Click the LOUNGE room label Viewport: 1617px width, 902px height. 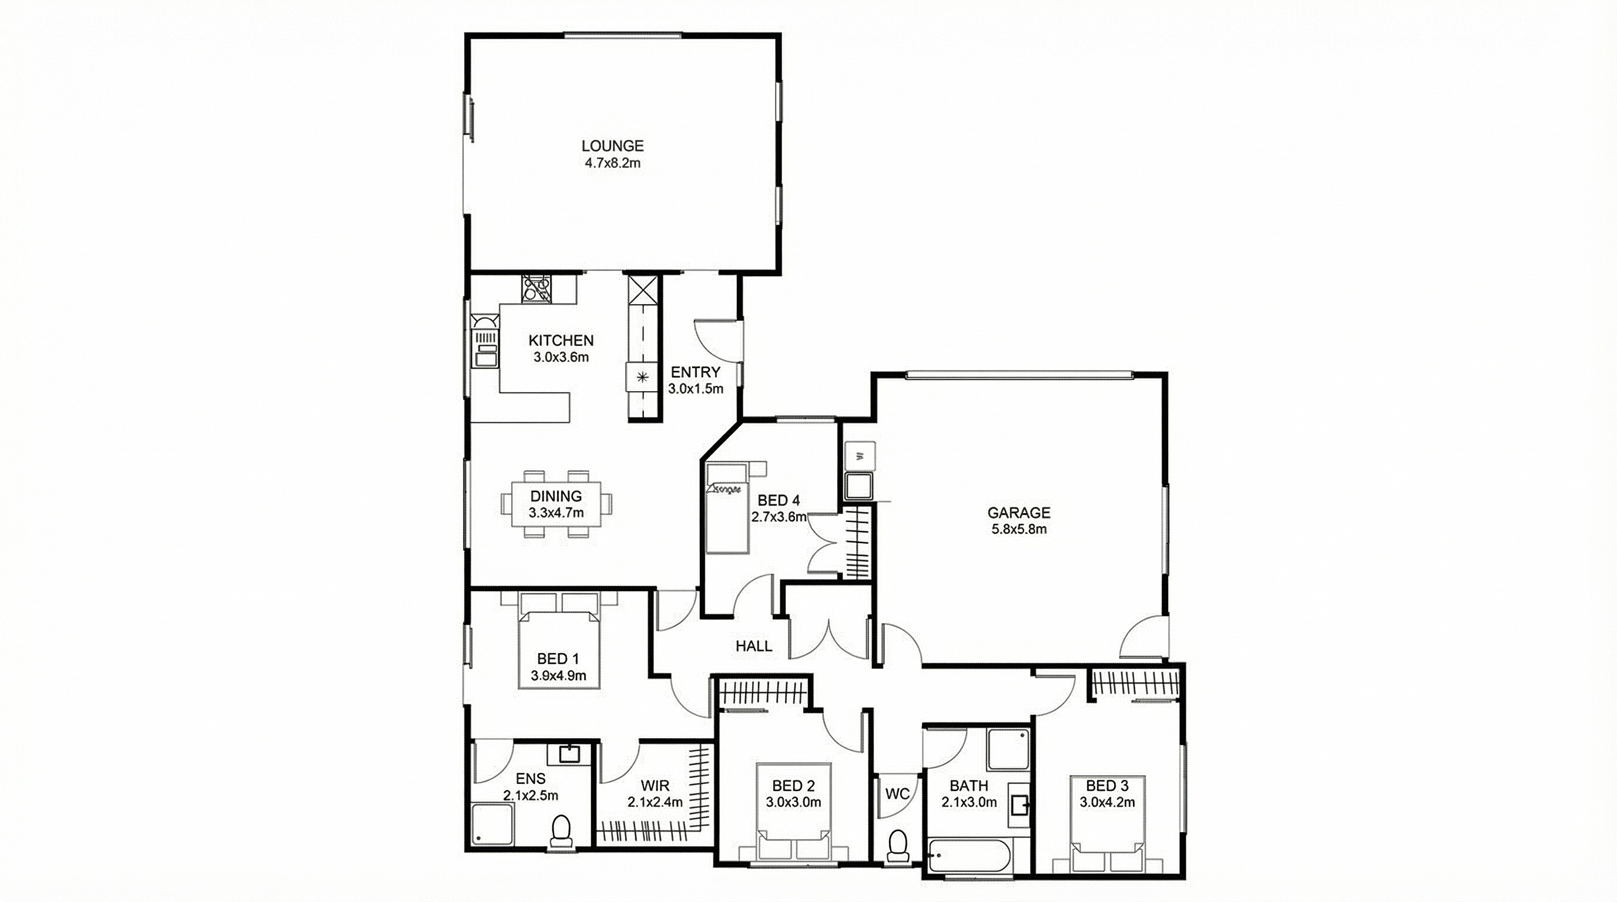612,146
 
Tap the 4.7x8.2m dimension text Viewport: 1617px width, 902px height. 612,164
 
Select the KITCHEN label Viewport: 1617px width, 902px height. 561,341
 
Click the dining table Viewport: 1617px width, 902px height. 556,504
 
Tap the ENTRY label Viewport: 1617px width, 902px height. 696,372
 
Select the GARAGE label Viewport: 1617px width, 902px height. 1018,513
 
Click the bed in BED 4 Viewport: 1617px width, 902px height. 727,508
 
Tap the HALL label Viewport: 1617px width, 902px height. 754,646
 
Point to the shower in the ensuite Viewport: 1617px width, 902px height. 494,823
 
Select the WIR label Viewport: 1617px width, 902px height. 655,785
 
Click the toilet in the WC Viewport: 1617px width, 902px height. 898,847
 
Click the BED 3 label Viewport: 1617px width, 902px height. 1108,785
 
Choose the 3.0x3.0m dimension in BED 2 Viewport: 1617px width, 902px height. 793,802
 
